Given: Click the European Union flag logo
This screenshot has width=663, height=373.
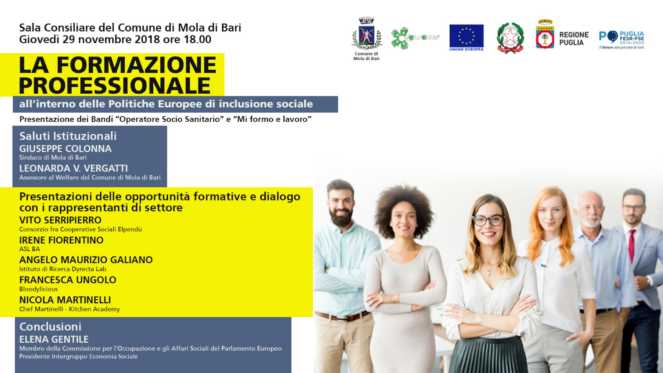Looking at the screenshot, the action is point(467,38).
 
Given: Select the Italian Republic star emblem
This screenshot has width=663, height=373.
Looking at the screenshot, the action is point(510,38).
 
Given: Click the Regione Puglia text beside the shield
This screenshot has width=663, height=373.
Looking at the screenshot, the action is point(574,39).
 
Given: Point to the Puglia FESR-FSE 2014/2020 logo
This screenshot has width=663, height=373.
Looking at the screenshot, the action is point(622,40).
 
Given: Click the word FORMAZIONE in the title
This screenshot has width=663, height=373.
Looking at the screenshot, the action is point(137,65).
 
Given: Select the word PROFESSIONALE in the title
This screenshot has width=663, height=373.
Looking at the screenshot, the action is point(115,86).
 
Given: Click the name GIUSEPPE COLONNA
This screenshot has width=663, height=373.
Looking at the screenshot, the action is point(65,149).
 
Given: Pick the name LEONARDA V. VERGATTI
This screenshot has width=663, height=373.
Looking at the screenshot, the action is point(73,168).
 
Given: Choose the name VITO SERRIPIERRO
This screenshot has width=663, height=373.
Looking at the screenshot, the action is point(60,220).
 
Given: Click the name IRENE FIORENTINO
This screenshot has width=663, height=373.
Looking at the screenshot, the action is point(61,240).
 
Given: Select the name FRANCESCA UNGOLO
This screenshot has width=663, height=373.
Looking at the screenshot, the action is point(68,280).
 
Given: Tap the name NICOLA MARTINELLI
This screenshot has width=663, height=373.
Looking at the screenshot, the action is point(65,300).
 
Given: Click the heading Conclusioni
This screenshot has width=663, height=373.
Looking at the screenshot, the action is point(50,327).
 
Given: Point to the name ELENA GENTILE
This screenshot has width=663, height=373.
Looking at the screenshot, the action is point(54,339).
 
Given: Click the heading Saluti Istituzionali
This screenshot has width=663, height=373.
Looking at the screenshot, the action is point(68,136).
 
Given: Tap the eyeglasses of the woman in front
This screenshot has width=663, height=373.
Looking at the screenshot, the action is point(489,220).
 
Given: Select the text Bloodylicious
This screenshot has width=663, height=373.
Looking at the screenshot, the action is point(39,289).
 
